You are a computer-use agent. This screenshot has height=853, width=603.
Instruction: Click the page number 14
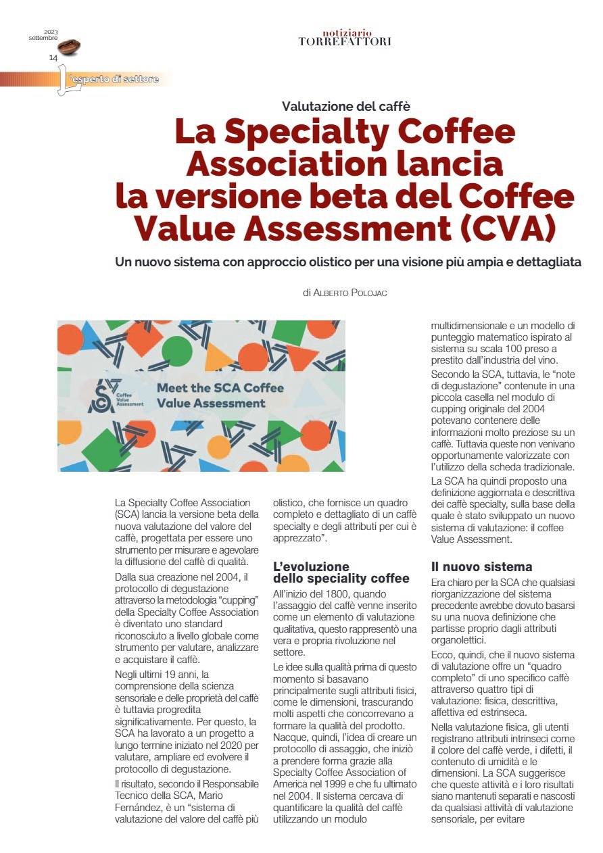pos(53,58)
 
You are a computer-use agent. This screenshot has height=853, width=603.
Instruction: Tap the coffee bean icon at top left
pos(70,47)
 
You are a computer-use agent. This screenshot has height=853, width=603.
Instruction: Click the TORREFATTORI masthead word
pos(345,41)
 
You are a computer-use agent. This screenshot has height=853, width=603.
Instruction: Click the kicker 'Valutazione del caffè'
pos(346,105)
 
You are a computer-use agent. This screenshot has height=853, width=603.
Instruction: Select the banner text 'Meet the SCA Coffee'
pos(220,388)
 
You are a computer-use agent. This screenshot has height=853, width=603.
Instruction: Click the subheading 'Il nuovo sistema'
pos(482,566)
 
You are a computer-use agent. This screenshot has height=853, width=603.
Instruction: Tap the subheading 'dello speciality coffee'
pos(341,579)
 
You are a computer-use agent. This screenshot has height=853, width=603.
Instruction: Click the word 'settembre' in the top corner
pos(43,38)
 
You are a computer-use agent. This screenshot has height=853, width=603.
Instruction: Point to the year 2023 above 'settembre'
pos(51,32)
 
